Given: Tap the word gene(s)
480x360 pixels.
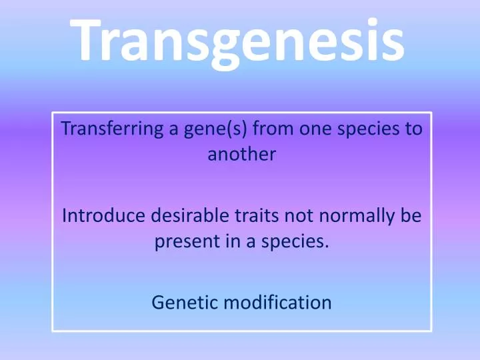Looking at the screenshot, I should coord(193,129).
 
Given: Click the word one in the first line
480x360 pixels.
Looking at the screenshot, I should coord(293,129).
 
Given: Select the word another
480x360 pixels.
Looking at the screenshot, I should coord(240,154).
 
